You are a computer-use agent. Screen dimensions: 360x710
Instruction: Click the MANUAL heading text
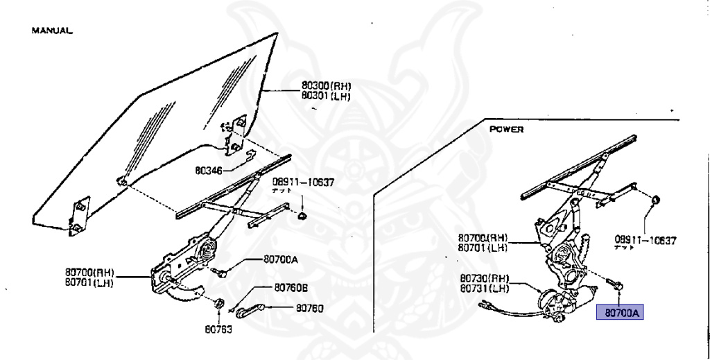[x=52, y=31]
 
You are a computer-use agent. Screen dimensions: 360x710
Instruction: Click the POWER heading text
[x=506, y=130]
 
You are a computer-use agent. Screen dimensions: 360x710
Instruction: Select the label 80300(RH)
[x=326, y=87]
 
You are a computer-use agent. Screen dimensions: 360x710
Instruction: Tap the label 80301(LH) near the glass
[x=326, y=96]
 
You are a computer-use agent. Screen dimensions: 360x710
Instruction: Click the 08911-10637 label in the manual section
[x=302, y=182]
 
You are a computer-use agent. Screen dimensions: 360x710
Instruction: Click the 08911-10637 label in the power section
[x=646, y=240]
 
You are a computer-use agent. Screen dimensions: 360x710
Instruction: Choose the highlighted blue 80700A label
[x=621, y=314]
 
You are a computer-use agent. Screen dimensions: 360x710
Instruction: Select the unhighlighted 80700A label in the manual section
[x=280, y=259]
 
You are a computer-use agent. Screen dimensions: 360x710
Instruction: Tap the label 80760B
[x=291, y=288]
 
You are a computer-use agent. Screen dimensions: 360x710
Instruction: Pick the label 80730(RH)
[x=485, y=278]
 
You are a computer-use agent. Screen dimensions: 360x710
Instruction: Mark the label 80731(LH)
[x=485, y=288]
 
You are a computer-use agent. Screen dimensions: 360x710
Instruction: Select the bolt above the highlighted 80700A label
[x=614, y=284]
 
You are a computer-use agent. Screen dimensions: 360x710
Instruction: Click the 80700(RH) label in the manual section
[x=89, y=273]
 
